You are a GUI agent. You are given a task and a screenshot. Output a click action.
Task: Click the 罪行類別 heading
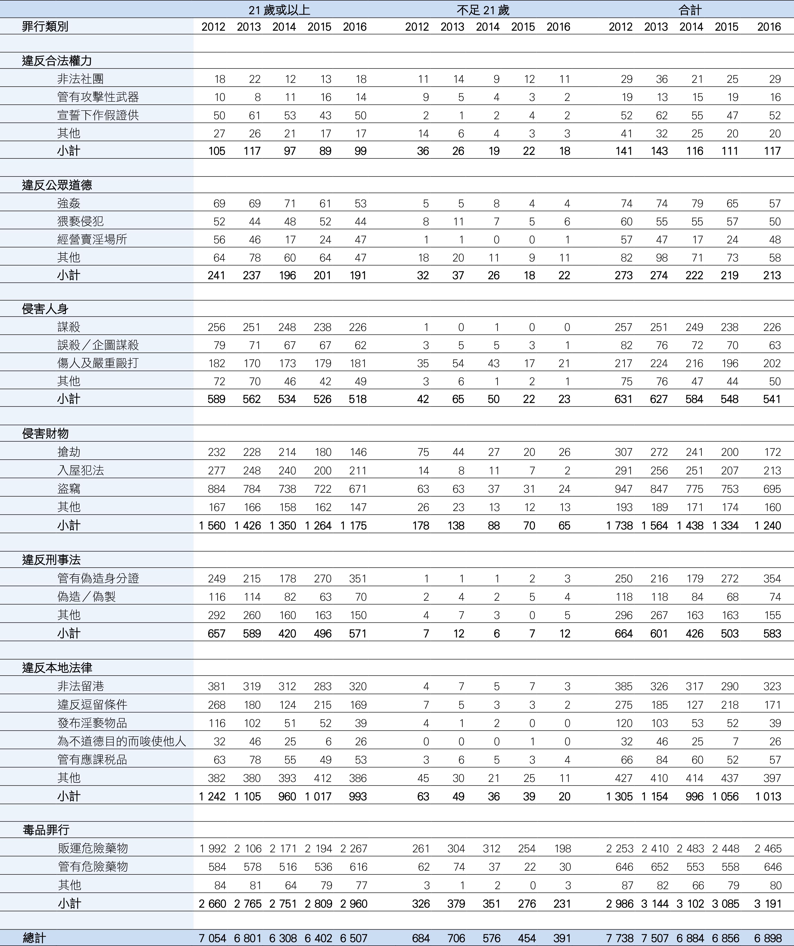tap(45, 27)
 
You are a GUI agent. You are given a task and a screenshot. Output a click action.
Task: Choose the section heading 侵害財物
tap(45, 433)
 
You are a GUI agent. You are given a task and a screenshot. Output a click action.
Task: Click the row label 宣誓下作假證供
tap(98, 115)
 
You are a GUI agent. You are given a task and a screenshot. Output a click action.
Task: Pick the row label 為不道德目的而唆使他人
tap(122, 741)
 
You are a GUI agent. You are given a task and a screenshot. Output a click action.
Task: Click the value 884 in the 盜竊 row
tap(217, 489)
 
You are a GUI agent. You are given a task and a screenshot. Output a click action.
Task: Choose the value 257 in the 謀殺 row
tap(623, 327)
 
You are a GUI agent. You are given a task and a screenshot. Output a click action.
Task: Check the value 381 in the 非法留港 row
tap(217, 686)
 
